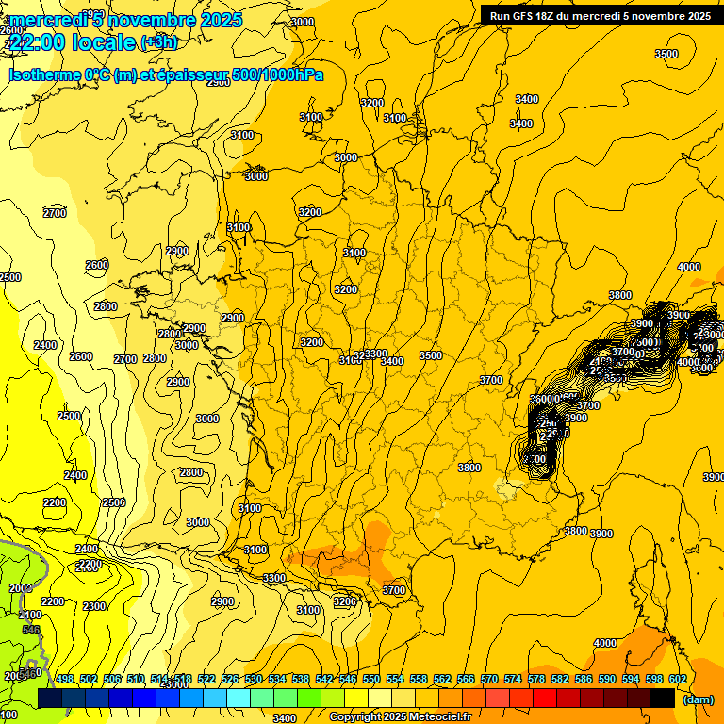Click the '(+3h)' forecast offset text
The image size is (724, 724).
coord(157,42)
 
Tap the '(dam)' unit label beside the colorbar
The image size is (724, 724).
coord(697,699)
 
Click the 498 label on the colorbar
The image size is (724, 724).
coord(65,679)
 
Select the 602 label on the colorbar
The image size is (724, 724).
coord(677,679)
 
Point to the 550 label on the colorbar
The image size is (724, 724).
coord(371,679)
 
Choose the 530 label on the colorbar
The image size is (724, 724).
coord(254,679)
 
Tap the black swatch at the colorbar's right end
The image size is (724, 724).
coord(663,698)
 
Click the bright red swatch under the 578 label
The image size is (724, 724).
coord(545,698)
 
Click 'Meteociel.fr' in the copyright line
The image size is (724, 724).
coord(440,717)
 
